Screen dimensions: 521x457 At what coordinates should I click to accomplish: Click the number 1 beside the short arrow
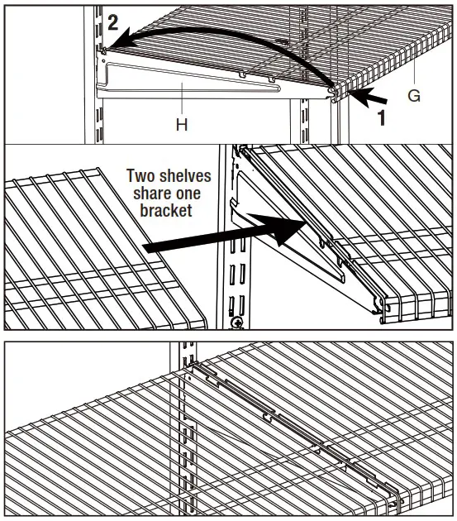tap(381, 117)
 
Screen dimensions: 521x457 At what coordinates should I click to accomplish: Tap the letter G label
tap(414, 97)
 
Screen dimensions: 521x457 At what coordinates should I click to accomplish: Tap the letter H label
tap(182, 125)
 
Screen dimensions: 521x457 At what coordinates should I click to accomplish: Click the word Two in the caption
tap(141, 176)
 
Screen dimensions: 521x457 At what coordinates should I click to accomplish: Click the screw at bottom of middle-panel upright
tap(237, 322)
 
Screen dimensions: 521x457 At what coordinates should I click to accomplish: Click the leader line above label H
tap(181, 103)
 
